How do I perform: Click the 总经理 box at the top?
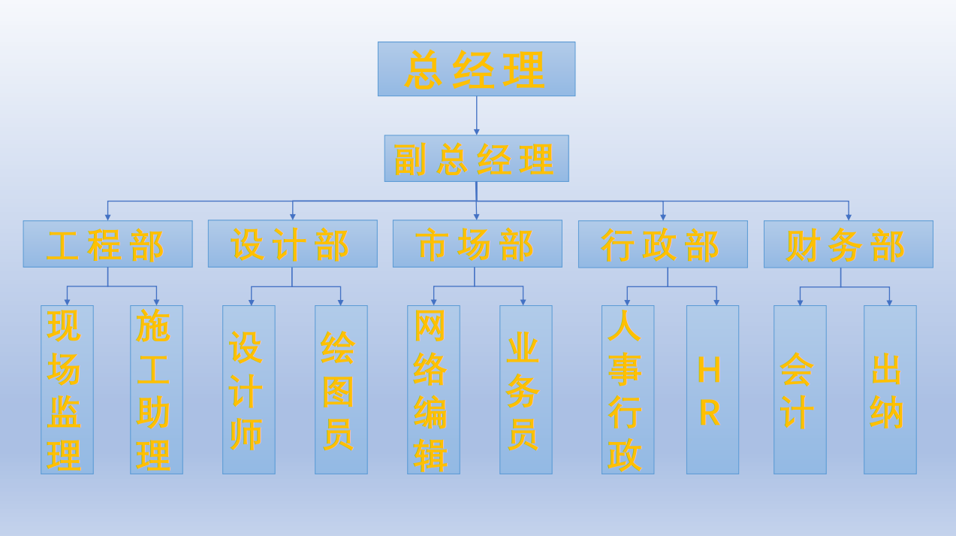[476, 68]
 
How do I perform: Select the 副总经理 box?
[476, 158]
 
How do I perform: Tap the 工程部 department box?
[107, 244]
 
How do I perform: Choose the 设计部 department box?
[292, 244]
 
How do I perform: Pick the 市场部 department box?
[477, 244]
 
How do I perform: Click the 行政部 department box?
[662, 244]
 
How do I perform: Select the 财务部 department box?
[848, 244]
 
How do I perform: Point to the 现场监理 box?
[67, 389]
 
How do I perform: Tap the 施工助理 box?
[156, 389]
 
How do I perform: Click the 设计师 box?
[249, 389]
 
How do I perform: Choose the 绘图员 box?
[341, 389]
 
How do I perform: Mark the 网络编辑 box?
[433, 389]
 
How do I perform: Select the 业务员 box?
[526, 389]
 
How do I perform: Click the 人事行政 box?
[628, 389]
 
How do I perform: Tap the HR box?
[712, 389]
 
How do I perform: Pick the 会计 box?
[800, 389]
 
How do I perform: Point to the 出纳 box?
[890, 389]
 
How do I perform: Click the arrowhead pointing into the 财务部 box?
[849, 217]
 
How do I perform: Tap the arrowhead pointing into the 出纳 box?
[889, 302]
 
